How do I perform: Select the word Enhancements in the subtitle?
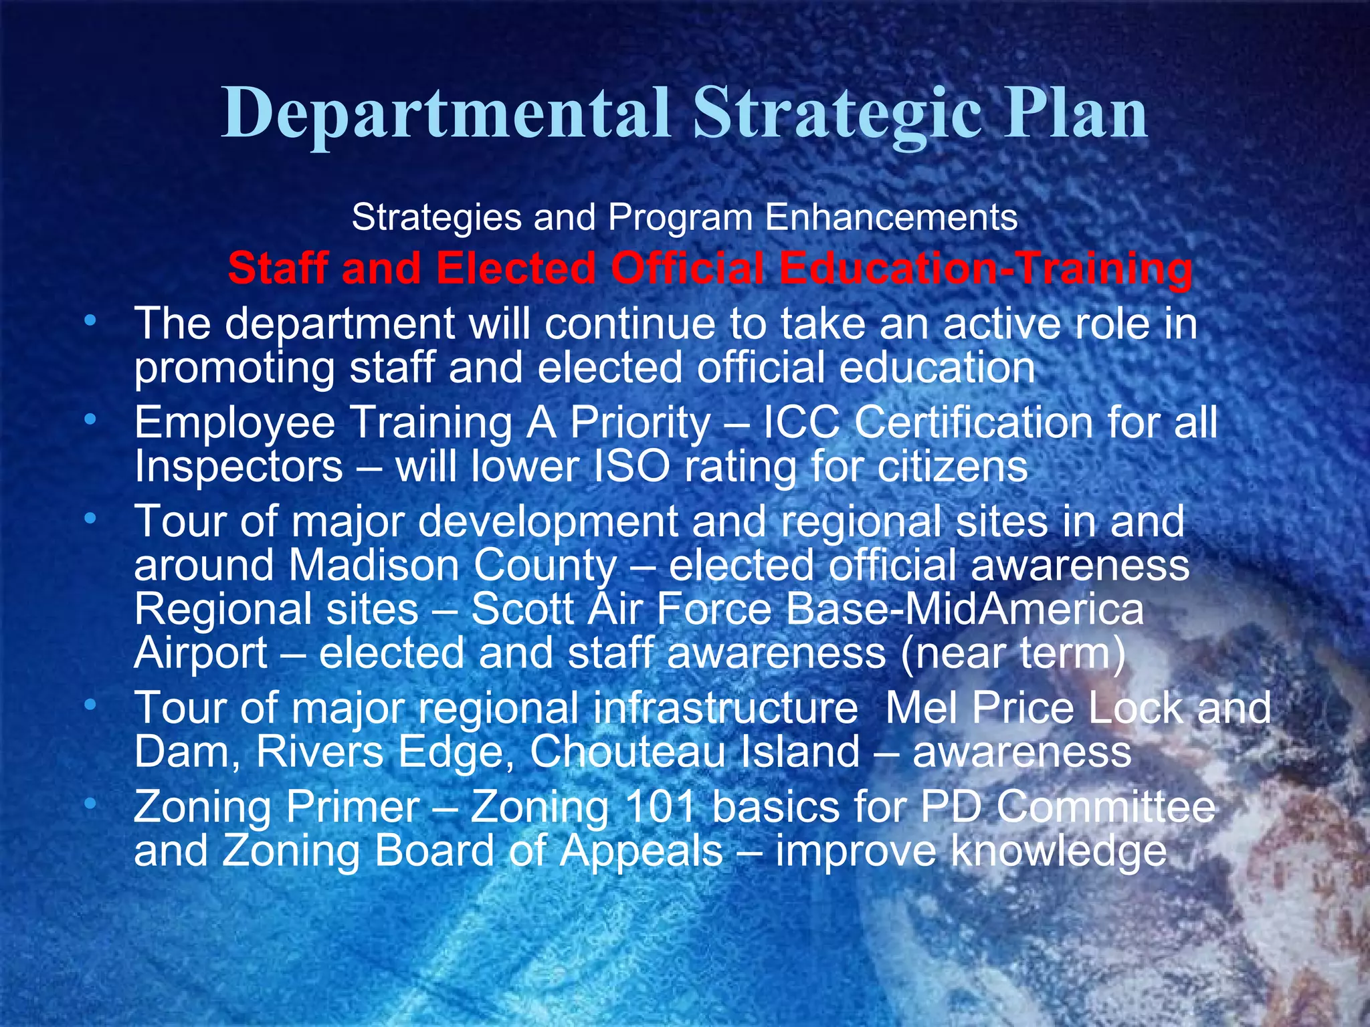[x=891, y=217]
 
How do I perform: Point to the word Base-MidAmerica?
[x=965, y=609]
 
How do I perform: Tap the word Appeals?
[x=642, y=851]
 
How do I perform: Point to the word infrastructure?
[x=725, y=707]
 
